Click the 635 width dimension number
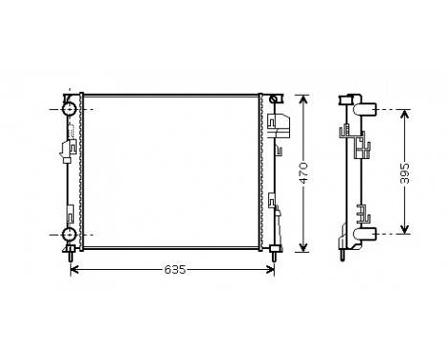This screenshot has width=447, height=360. coord(172,271)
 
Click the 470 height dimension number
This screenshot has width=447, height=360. coord(303,173)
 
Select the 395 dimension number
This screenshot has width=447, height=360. coord(406,171)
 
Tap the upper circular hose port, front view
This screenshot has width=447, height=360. coord(70,111)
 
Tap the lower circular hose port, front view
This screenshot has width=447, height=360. coord(70,235)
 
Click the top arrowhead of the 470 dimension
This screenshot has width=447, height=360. coord(302,99)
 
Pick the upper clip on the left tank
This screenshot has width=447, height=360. coord(68,148)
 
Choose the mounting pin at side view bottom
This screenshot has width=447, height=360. coord(342,255)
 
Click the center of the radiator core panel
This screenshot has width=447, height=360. coord(172,172)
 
